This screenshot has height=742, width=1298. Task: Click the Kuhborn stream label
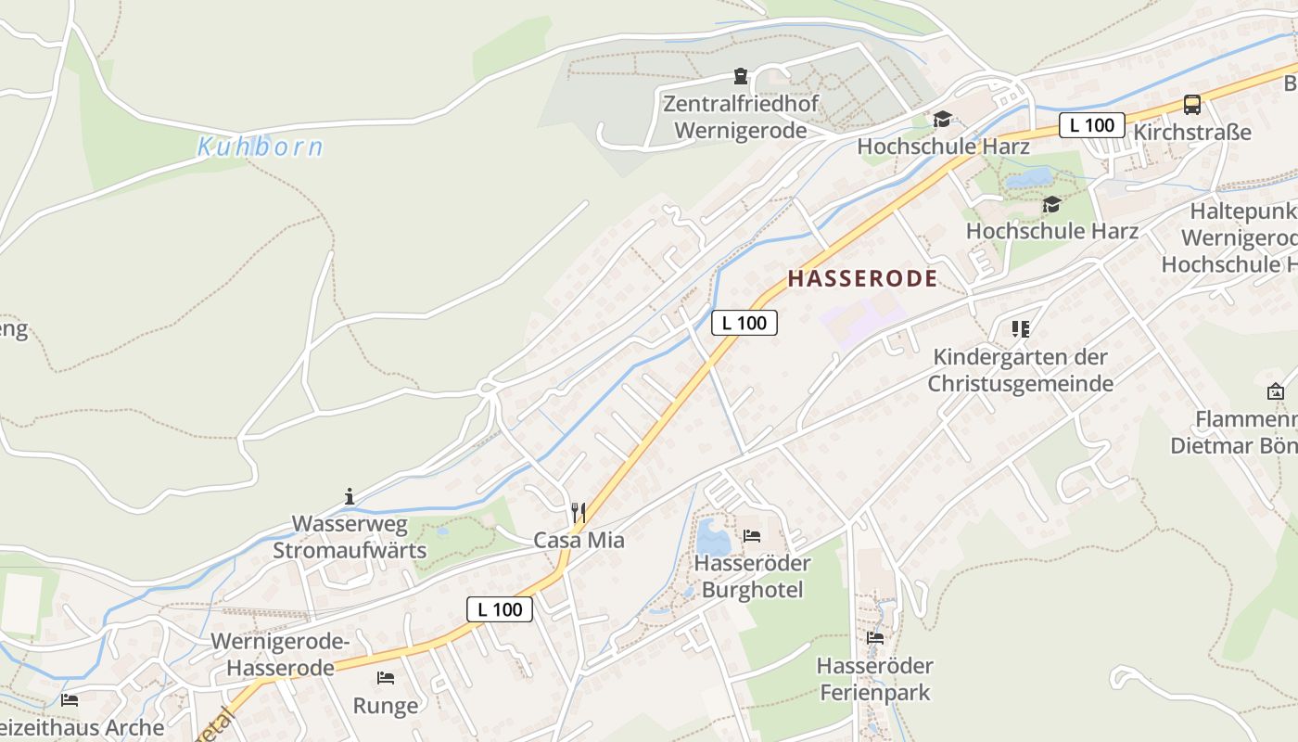pos(260,147)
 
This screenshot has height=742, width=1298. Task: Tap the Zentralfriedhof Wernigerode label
pos(741,116)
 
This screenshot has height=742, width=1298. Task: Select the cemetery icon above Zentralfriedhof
pos(741,75)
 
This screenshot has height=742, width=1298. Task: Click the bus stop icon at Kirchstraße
pos(1192,105)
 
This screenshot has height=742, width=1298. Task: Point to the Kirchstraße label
pos(1192,132)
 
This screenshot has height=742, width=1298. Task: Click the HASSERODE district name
pos(862,278)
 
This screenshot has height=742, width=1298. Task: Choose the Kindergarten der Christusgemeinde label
pos(1021,370)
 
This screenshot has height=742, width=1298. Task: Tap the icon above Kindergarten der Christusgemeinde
pos(1021,328)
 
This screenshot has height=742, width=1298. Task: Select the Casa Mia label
pos(579,540)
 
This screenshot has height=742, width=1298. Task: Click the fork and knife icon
pos(579,512)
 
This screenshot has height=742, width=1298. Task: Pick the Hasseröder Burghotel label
pos(752,576)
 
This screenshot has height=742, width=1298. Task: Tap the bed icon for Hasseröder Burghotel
pos(752,535)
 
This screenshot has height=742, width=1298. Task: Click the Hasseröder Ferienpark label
pos(874,679)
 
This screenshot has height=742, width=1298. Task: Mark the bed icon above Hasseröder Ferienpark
pos(874,637)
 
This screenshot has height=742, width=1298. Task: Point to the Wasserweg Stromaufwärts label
pos(350,537)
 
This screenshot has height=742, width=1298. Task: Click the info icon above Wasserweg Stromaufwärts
pos(350,496)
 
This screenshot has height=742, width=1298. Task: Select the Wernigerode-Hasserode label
pos(280,655)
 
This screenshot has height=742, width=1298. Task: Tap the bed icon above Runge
pos(386,678)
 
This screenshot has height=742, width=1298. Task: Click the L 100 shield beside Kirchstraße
pos(1091,125)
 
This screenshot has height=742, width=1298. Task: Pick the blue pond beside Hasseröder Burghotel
pos(712,537)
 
